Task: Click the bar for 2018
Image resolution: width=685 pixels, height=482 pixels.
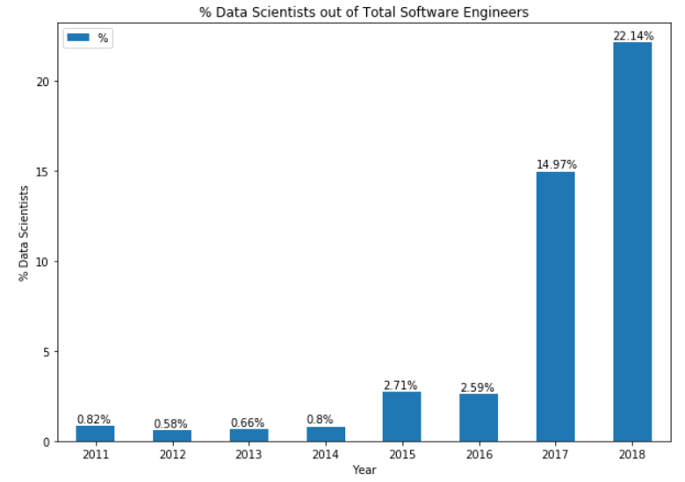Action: click(632, 241)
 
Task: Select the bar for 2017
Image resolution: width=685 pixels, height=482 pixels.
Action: click(555, 306)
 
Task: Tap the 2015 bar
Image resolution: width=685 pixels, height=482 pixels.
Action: click(401, 417)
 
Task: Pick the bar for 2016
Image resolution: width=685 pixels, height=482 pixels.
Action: click(479, 418)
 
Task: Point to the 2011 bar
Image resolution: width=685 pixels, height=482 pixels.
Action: click(95, 434)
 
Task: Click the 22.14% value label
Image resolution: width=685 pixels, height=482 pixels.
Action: click(632, 36)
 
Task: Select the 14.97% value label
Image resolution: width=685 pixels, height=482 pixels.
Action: click(556, 165)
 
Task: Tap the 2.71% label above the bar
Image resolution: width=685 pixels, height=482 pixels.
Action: click(400, 385)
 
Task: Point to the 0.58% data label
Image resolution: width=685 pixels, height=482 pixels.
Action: click(170, 424)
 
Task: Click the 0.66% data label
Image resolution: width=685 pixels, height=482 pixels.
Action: click(248, 422)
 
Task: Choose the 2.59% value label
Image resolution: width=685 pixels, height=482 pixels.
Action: click(478, 388)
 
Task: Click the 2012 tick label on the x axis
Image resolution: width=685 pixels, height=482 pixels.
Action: click(171, 455)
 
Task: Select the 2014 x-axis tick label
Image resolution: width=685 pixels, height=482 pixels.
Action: click(325, 455)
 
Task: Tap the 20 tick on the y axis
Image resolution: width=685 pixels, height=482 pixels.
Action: click(40, 82)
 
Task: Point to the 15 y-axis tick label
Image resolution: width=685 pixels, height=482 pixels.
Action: click(40, 172)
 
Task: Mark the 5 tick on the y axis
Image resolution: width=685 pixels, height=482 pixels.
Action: click(44, 352)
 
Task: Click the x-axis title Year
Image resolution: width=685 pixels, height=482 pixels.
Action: click(364, 471)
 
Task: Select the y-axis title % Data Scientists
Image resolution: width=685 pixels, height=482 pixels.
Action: click(24, 233)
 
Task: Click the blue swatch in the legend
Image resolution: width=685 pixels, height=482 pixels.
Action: click(79, 39)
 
